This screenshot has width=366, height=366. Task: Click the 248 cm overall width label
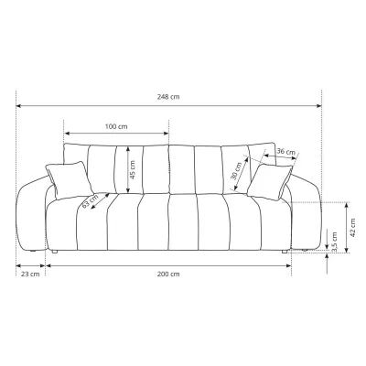click(168, 97)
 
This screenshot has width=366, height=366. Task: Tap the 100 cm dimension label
click(116, 126)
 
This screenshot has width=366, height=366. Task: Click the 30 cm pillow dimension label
click(238, 171)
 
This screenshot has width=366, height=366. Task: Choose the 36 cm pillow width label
click(286, 151)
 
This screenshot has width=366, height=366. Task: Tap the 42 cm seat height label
click(352, 228)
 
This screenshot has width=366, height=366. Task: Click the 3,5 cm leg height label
click(335, 242)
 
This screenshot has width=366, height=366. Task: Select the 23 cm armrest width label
click(30, 274)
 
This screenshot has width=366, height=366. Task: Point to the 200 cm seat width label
click(168, 274)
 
